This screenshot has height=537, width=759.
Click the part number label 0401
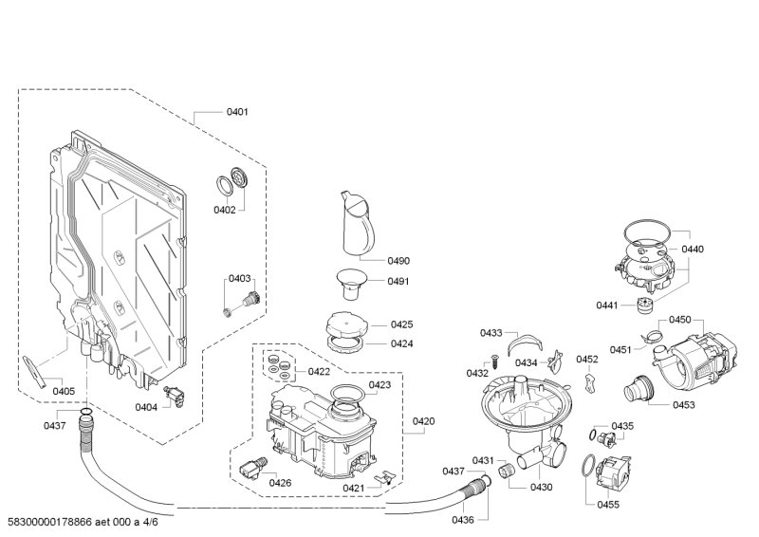[236, 112]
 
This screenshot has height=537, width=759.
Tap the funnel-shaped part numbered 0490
[356, 224]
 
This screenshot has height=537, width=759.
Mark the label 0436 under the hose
[462, 519]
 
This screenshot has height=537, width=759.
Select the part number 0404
[145, 407]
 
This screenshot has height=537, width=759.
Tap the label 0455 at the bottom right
[608, 504]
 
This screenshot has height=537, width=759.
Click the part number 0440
[693, 249]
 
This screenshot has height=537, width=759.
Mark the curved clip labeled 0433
[524, 344]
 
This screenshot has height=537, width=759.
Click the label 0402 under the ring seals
[224, 210]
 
